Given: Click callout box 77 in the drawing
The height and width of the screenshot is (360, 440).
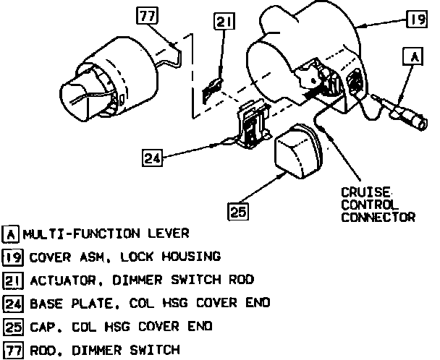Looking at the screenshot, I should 148,14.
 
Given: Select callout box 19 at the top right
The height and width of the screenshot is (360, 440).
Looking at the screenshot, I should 415,20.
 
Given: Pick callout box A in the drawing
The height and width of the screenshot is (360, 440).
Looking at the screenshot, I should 413,55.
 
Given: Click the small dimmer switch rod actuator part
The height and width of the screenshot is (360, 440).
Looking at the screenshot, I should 212,88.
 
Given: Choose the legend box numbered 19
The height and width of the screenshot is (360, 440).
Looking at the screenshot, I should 12,257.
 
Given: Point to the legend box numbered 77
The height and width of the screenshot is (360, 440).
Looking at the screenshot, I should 12,350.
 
